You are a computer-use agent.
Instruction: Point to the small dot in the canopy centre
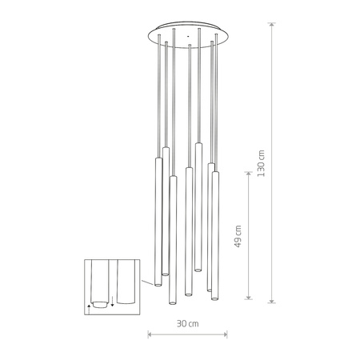coord(186,36)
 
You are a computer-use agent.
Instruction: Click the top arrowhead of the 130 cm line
coord(273,25)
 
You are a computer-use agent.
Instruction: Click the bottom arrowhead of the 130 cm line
coord(273,302)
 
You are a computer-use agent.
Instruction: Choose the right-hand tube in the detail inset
coord(126,284)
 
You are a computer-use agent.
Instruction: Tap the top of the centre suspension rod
coord(186,46)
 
